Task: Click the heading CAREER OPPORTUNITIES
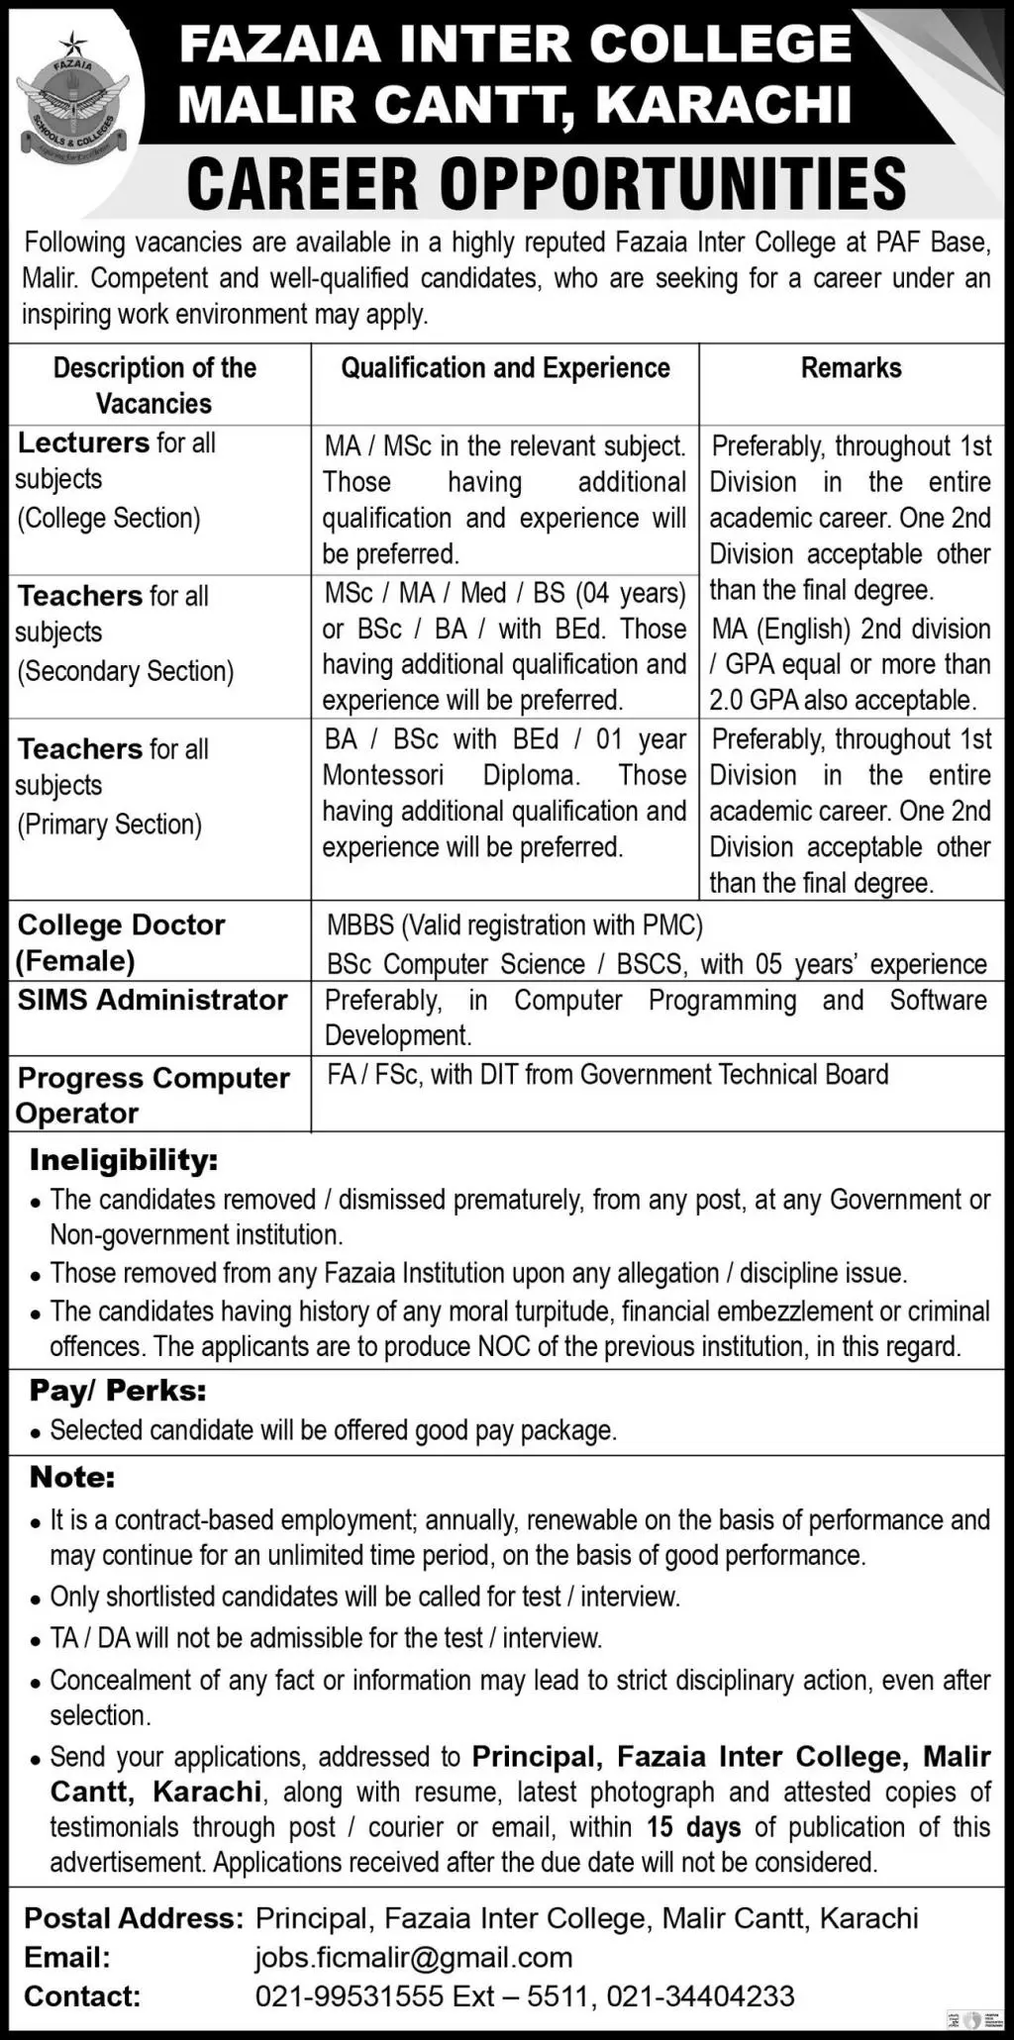(546, 183)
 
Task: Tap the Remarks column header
(851, 368)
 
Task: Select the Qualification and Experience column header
(505, 368)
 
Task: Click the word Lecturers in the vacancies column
(83, 442)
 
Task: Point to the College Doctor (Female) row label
(121, 942)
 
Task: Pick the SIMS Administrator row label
(152, 1000)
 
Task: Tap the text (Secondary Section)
(125, 671)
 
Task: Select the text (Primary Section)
(109, 825)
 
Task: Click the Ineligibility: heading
(124, 1160)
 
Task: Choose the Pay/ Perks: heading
(118, 1391)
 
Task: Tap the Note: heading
(72, 1478)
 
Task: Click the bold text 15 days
(693, 1827)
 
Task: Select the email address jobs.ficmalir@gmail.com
(414, 1958)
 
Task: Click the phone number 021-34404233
(702, 1996)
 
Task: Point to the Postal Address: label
(133, 1919)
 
